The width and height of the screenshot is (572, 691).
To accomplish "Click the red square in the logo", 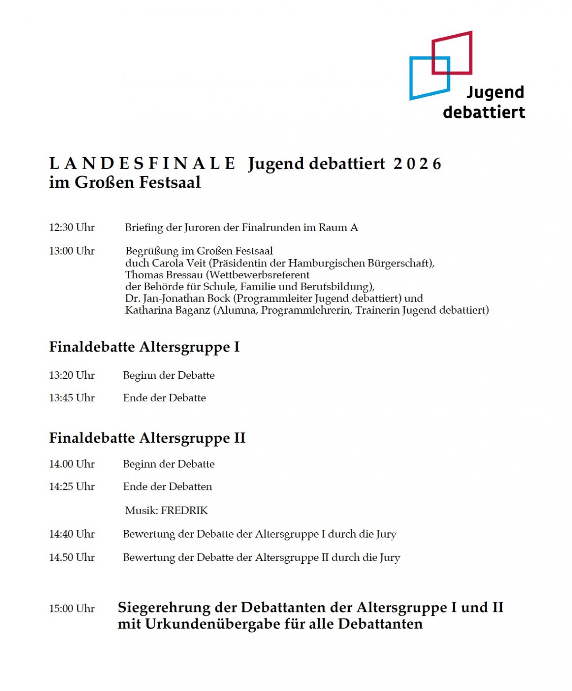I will pos(452,52).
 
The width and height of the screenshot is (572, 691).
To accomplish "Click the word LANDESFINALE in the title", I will pos(143,164).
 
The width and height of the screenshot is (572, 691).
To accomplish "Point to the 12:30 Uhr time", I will pos(72,227).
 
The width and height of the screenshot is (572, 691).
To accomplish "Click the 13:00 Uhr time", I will pos(72,251).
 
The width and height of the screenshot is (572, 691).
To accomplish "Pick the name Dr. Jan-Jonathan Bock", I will pos(178,298).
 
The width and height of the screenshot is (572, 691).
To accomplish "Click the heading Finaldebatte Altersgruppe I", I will pos(144,347).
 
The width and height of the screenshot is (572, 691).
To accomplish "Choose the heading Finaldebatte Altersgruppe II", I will pos(147,438).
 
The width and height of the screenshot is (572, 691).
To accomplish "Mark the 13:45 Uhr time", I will pos(72,398).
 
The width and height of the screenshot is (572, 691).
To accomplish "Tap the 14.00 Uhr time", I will pos(72,464).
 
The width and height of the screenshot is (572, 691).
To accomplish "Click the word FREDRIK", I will pos(184,511).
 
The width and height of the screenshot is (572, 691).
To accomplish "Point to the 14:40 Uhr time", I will pos(72,534).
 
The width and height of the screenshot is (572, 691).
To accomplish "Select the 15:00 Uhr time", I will pos(72,609).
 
